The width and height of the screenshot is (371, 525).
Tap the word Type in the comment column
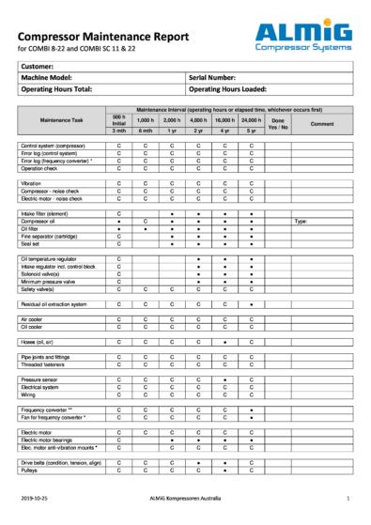pyautogui.click(x=301, y=221)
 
